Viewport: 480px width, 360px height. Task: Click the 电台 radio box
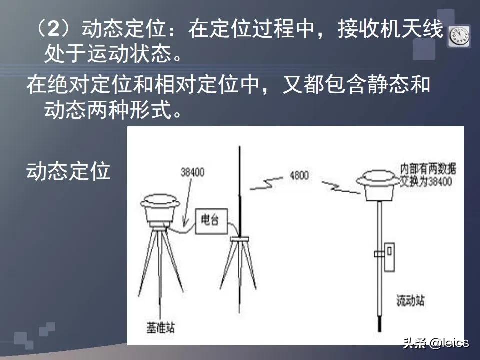tap(209, 220)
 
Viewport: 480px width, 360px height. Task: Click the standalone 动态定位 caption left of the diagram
tap(68, 171)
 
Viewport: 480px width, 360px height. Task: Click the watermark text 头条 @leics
tap(436, 343)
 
